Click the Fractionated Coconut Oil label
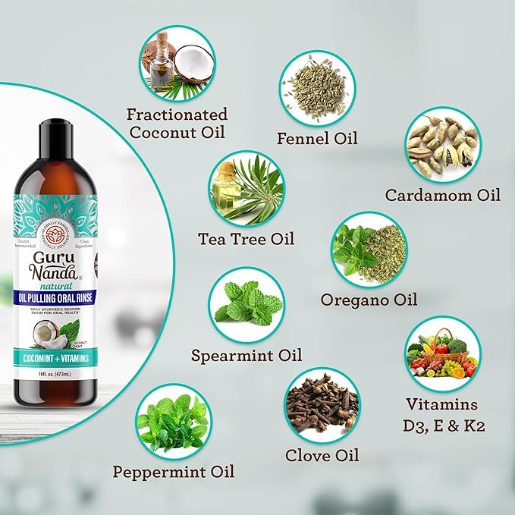[177, 122]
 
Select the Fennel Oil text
[318, 138]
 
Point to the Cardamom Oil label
[443, 195]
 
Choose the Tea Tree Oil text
[246, 239]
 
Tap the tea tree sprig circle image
[246, 187]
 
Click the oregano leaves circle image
[369, 249]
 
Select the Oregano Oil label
[369, 300]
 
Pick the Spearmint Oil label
[247, 355]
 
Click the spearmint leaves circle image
[247, 304]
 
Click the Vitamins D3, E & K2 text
[442, 415]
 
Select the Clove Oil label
[322, 456]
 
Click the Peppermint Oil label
[174, 472]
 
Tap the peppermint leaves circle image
[173, 420]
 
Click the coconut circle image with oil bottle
[177, 64]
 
